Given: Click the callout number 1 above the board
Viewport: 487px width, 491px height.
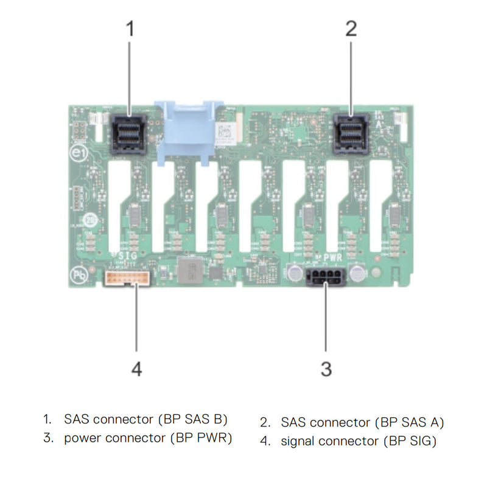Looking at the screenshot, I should [130, 29].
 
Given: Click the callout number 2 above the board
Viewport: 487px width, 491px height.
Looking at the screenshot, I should [351, 29].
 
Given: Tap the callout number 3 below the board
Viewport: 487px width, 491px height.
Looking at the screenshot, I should [326, 368].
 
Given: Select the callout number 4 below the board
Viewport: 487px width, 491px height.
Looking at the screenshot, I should [136, 368].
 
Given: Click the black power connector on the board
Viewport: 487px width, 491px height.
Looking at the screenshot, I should [326, 279].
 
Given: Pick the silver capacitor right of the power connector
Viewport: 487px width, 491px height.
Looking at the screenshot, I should [357, 273].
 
